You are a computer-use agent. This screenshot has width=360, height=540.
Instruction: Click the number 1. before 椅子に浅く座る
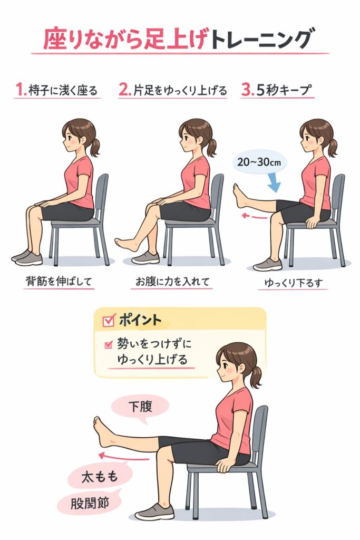click(x=21, y=90)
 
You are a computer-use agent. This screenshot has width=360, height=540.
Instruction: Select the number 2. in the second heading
click(x=125, y=90)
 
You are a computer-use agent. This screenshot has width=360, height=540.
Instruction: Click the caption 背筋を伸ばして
click(x=59, y=282)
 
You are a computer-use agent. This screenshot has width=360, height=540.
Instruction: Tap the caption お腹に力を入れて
click(x=172, y=282)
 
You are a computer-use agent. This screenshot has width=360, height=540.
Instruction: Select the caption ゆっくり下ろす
click(x=294, y=283)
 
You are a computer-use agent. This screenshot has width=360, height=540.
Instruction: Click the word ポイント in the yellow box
click(x=140, y=320)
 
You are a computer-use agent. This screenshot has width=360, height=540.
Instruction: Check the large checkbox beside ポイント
click(x=109, y=320)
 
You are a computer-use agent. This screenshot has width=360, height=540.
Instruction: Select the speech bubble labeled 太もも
click(x=100, y=477)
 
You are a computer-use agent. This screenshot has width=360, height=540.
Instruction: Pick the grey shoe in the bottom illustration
click(x=155, y=512)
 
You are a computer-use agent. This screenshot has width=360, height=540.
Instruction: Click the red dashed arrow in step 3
click(x=255, y=216)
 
